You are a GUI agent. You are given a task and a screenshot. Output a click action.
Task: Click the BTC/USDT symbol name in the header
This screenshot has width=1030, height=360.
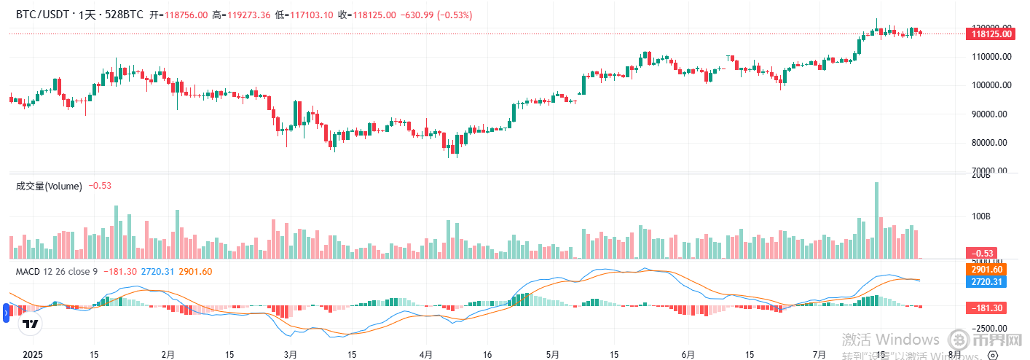point(42,15)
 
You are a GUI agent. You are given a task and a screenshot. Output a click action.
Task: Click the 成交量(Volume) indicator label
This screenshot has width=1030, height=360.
point(49,186)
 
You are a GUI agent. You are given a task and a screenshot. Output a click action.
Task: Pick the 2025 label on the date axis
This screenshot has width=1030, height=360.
point(34,355)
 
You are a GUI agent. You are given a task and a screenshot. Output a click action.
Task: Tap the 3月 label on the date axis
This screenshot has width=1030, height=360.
point(290,355)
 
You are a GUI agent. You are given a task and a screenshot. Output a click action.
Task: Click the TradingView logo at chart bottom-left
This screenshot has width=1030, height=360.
point(31,324)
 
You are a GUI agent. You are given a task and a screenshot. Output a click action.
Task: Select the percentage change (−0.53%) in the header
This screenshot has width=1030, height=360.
point(454,15)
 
